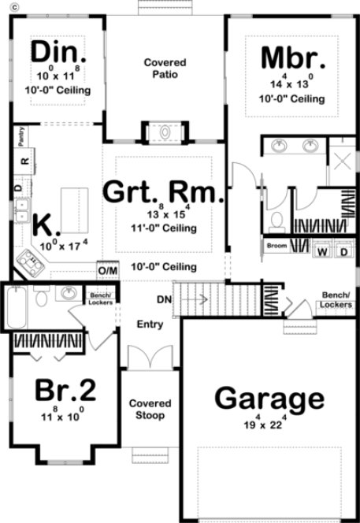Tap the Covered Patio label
pyautogui.click(x=165, y=68)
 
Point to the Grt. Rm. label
pyautogui.click(x=163, y=191)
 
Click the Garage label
pyautogui.click(x=269, y=399)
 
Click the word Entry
pyautogui.click(x=150, y=325)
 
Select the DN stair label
pyautogui.click(x=164, y=300)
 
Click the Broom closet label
pyautogui.click(x=276, y=246)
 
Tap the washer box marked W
pyautogui.click(x=323, y=252)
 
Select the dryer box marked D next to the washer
pyautogui.click(x=343, y=252)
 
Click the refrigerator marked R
pyautogui.click(x=24, y=161)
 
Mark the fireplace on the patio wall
pyautogui.click(x=165, y=132)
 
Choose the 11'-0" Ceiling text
pyautogui.click(x=164, y=229)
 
